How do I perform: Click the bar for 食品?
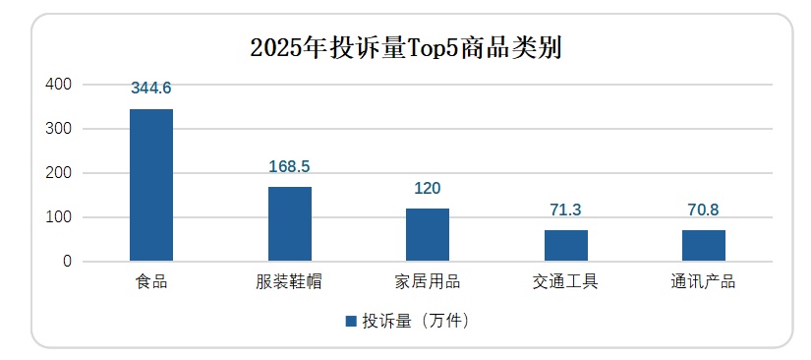tap(151, 185)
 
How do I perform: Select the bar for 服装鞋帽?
tap(289, 224)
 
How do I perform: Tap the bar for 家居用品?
tap(428, 235)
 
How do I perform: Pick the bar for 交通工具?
tap(565, 246)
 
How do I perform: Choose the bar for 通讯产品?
tap(704, 246)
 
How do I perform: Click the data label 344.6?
tap(151, 89)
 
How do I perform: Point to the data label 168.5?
tap(289, 166)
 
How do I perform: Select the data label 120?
tap(428, 188)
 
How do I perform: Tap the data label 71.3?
tap(565, 210)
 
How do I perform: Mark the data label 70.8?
tap(704, 210)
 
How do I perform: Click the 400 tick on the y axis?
tap(60, 85)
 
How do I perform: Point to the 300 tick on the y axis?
tap(60, 129)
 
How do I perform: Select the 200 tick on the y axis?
tap(60, 173)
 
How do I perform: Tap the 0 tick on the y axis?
tap(68, 262)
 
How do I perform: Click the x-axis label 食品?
tap(151, 283)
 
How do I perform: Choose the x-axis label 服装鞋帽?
tap(289, 283)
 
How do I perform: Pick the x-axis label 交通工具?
tap(565, 283)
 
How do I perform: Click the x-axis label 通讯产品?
tap(704, 283)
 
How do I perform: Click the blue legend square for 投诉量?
tap(351, 322)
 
